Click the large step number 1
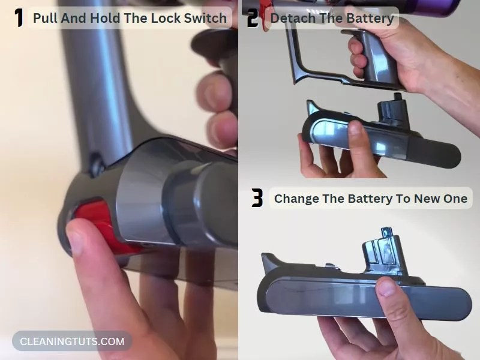pos(19,17)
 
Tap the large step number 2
pos(253,19)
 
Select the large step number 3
pos(257,198)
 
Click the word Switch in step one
pos(205,18)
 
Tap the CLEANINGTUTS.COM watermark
pos(72,341)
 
